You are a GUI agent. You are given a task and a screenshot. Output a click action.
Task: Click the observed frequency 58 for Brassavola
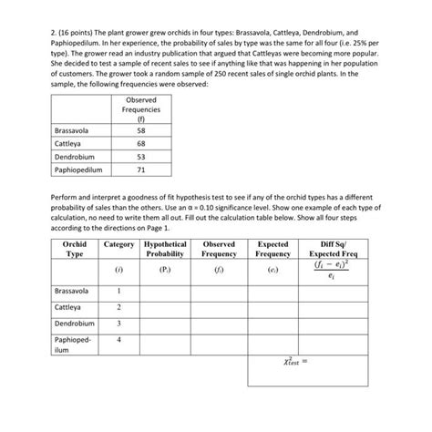tap(139, 130)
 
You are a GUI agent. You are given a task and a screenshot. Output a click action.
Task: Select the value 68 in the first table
tap(139, 143)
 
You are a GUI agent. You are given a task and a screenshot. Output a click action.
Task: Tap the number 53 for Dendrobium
tap(139, 156)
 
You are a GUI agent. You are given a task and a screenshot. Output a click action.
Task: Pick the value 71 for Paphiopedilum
tap(139, 169)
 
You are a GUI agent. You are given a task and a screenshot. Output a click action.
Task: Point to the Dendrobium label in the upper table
tap(76, 156)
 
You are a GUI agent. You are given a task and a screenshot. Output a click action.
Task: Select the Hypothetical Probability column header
tap(165, 249)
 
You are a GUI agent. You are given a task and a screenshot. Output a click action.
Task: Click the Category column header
tap(118, 244)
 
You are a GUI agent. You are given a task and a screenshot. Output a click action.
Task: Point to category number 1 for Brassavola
tap(118, 291)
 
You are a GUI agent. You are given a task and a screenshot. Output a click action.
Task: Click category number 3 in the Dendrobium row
tap(118, 324)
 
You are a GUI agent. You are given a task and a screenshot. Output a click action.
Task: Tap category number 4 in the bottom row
tap(118, 340)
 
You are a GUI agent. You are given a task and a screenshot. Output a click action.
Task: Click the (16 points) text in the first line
tap(60, 42)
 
